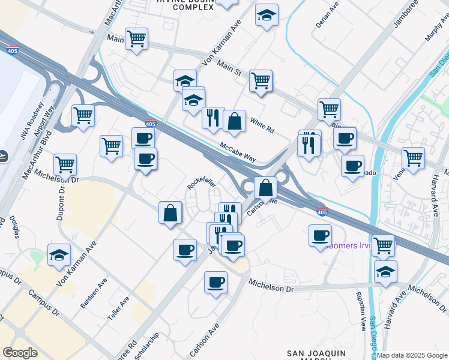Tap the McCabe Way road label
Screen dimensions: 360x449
point(238,152)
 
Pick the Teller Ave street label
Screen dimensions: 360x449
point(120,306)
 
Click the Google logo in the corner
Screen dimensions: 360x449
point(20,352)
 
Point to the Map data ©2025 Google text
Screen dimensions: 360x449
point(412,355)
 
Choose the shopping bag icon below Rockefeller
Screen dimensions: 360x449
point(170,212)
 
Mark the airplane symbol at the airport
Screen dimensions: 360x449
point(3,157)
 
